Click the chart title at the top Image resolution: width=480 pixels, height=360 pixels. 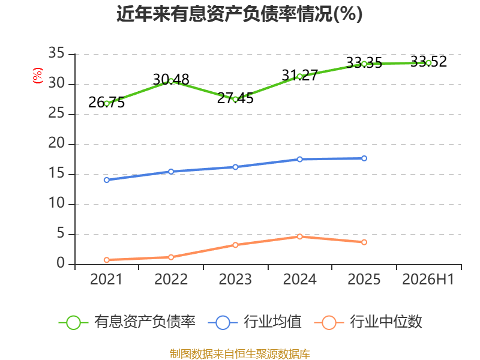coord(239,14)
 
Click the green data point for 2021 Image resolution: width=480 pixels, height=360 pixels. coord(107,104)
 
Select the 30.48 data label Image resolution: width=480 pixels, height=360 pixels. coord(171,80)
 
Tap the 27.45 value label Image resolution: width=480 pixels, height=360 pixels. coord(235,98)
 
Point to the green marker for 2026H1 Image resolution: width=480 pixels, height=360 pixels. coord(428,63)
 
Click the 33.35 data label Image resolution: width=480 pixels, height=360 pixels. coord(364,63)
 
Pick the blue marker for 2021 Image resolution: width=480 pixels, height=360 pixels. coord(107,180)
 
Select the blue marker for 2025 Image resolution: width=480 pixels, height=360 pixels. coord(364,158)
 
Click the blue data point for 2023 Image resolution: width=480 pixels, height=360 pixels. coord(235,167)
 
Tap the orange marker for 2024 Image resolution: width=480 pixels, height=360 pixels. coord(299,236)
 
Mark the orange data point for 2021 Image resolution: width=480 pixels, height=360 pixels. coord(107,260)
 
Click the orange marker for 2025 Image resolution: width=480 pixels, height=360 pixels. coord(364,242)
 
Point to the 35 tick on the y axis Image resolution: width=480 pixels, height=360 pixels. coord(56,53)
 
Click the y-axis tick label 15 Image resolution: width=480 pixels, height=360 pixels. coord(56,173)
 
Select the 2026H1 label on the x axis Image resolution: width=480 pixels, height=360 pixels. coord(428,279)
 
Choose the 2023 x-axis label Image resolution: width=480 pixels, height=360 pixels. coord(235,279)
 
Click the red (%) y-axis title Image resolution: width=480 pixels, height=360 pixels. coord(38,76)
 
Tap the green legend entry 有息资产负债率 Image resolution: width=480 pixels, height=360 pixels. coord(127,322)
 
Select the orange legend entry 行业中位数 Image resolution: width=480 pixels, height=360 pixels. coord(368,322)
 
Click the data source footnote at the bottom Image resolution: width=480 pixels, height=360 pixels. coord(240,354)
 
